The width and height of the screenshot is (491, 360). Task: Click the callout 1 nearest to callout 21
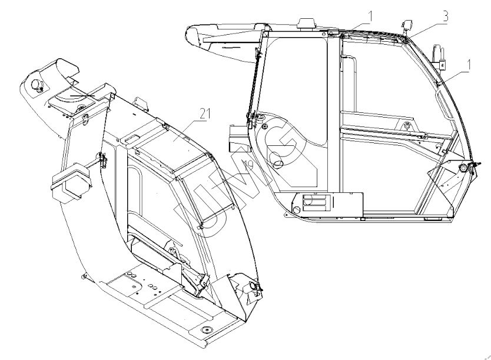click(370, 15)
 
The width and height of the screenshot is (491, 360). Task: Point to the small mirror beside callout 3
click(405, 24)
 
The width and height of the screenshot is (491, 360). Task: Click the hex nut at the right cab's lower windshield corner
click(463, 168)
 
